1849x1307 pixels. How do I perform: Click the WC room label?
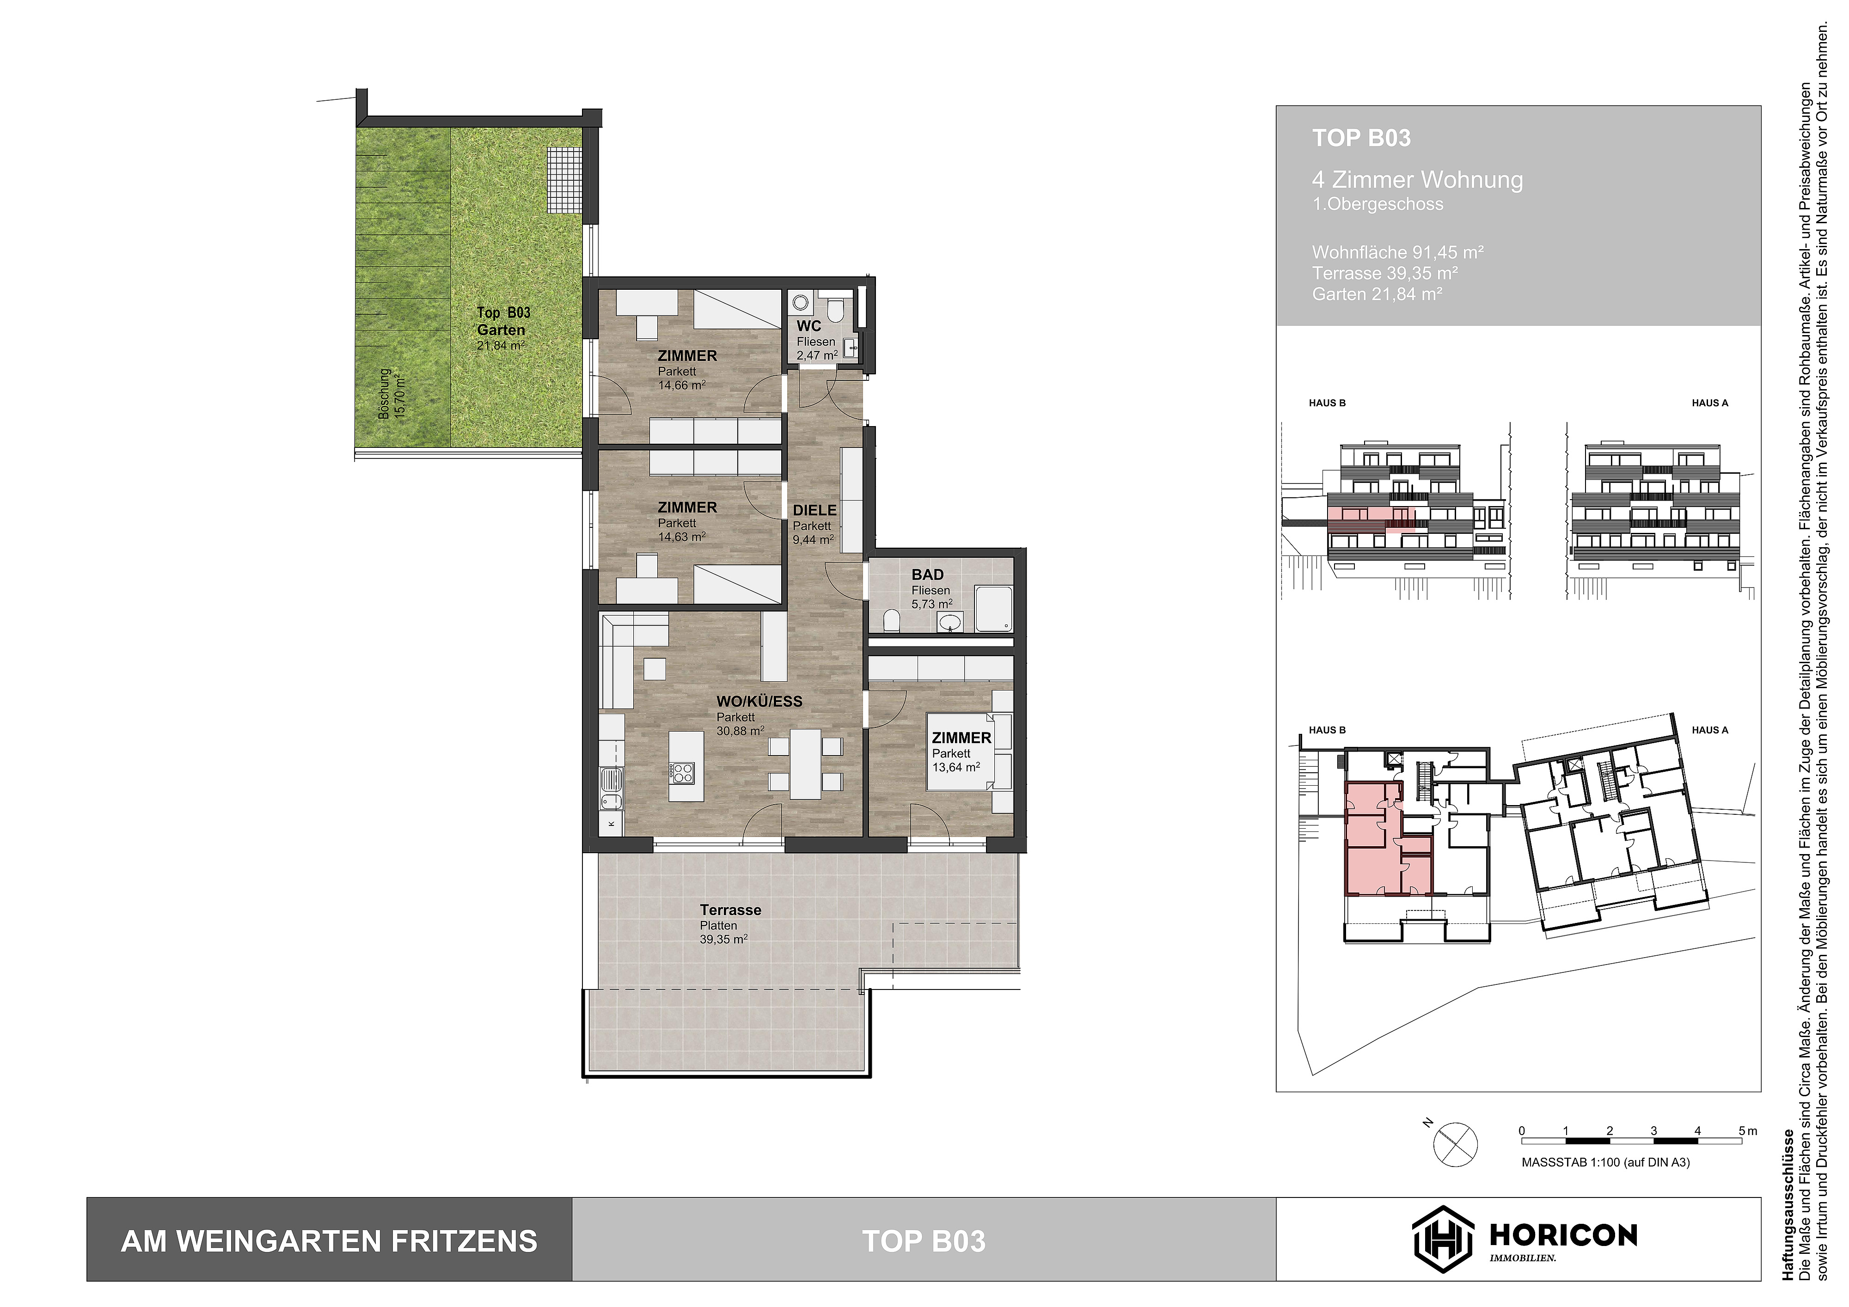[x=808, y=326]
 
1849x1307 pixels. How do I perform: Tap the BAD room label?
[x=927, y=575]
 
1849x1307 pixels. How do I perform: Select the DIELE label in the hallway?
[x=814, y=511]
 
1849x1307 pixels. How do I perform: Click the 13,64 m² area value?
[x=956, y=768]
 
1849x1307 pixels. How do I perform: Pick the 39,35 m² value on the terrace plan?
[x=723, y=939]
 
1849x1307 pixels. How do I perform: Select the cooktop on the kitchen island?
[x=683, y=773]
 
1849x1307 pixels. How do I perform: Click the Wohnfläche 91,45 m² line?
[x=1397, y=252]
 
